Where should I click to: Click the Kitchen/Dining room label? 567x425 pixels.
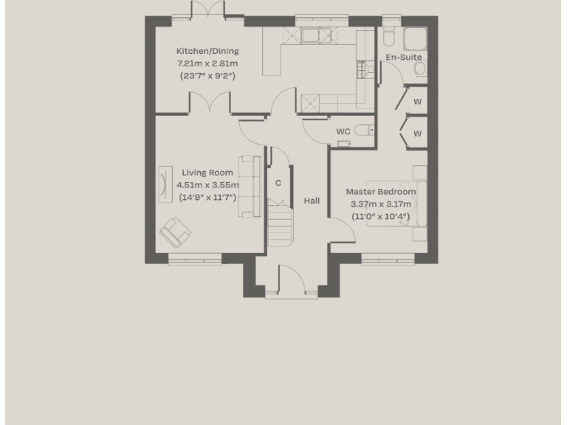[x=207, y=51]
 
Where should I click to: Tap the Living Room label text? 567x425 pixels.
[x=207, y=173]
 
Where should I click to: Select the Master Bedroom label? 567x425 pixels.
[x=381, y=191]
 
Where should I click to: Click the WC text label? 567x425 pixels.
[x=343, y=131]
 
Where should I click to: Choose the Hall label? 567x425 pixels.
[x=312, y=201]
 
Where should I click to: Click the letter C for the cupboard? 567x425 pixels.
[x=278, y=182]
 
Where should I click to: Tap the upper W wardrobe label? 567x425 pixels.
[x=417, y=101]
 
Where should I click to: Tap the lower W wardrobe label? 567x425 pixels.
[x=417, y=134]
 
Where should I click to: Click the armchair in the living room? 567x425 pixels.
[x=175, y=232]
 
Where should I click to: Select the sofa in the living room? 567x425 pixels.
[x=250, y=186]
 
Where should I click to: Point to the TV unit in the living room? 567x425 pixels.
[x=163, y=183]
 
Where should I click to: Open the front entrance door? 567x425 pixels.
[x=291, y=283]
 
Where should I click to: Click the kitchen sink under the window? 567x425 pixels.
[x=309, y=36]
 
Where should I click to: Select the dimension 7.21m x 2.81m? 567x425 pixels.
[x=207, y=63]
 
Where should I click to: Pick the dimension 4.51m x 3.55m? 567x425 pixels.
[x=207, y=184]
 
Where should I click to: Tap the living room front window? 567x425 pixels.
[x=195, y=258]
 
